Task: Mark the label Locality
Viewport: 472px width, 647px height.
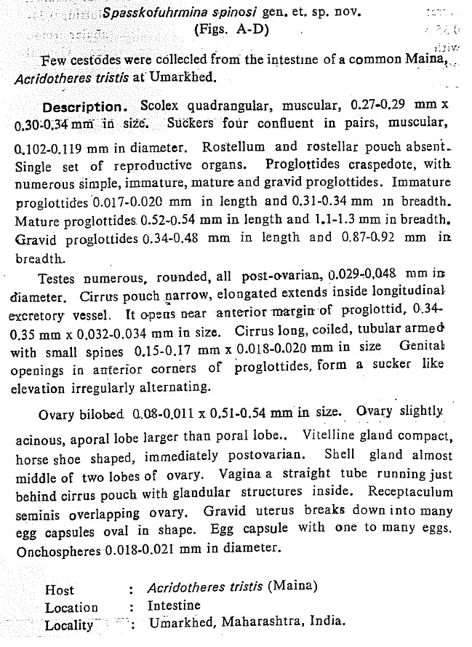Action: click(69, 624)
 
